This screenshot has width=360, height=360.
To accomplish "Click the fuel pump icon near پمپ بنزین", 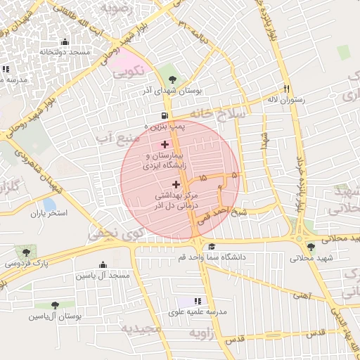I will click(165, 116).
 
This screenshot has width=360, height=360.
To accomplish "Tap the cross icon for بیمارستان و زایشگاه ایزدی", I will click(165, 144).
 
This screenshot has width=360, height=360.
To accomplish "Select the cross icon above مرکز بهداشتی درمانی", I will click(176, 184).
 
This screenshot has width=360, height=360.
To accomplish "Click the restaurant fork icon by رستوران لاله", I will click(286, 89).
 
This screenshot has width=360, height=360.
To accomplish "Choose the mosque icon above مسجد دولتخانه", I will click(65, 41).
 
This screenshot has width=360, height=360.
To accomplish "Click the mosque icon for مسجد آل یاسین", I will click(103, 265).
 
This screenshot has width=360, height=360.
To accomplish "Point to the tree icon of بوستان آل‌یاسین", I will click(55, 305).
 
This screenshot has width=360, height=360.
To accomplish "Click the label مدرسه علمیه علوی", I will click(198, 311).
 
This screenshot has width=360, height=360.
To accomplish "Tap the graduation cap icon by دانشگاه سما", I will click(212, 246).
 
